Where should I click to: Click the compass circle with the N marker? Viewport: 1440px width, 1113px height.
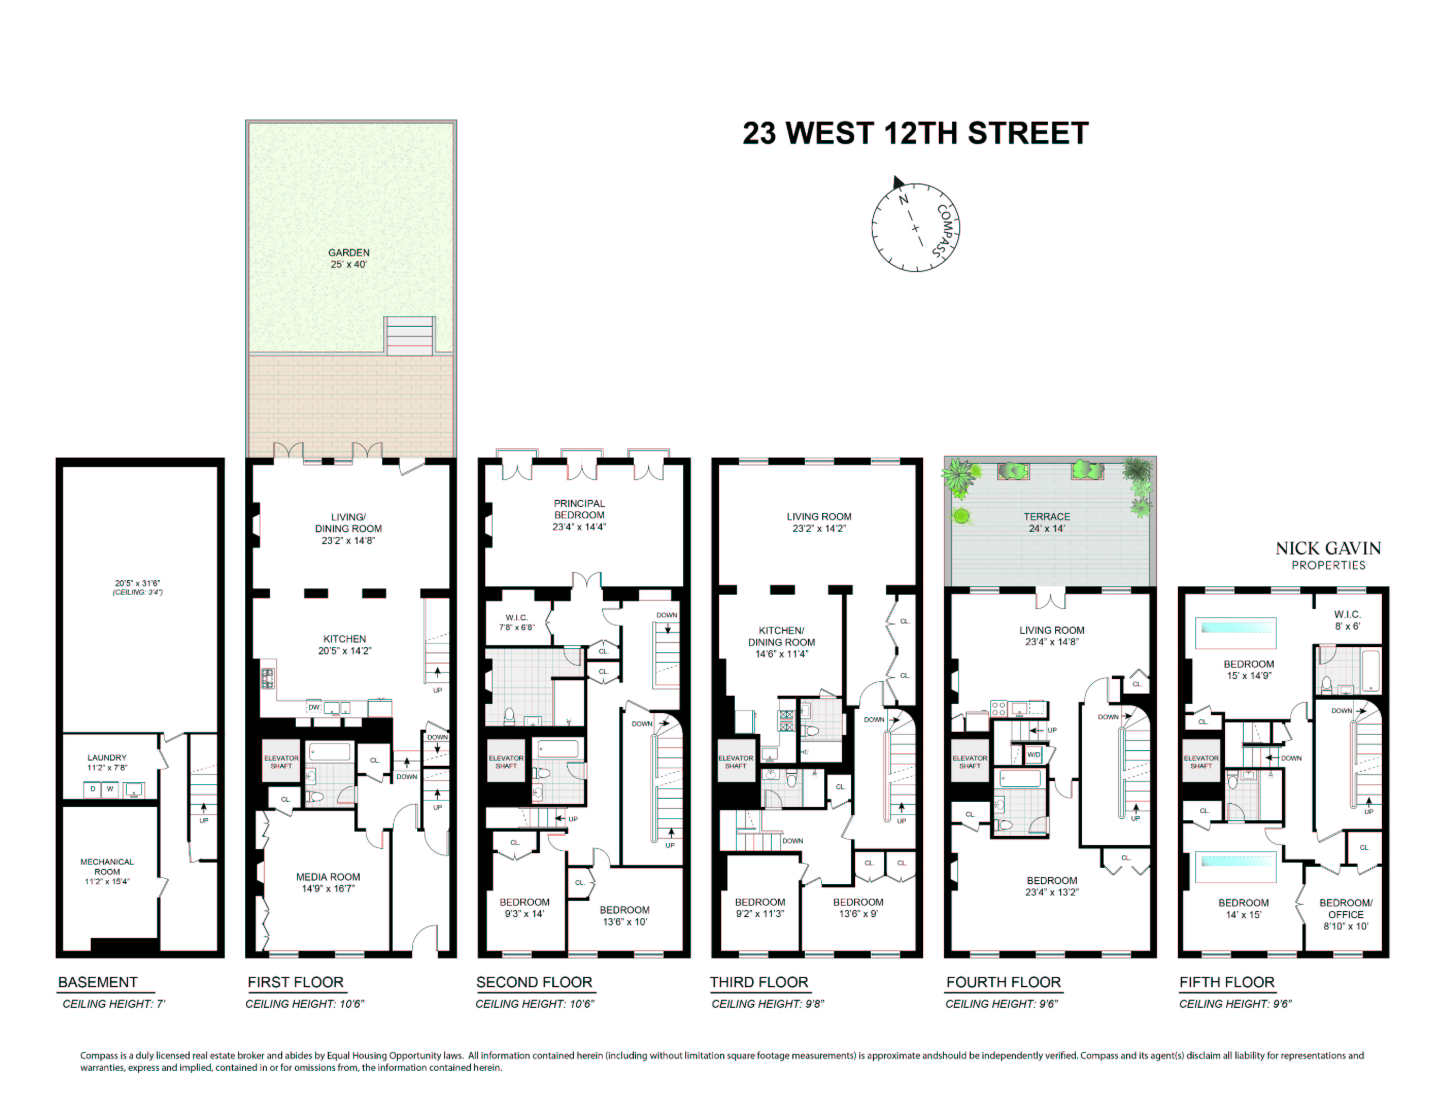pyautogui.click(x=914, y=227)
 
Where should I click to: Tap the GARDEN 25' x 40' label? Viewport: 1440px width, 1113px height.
pyautogui.click(x=349, y=258)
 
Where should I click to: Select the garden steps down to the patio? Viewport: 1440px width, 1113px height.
pyautogui.click(x=410, y=335)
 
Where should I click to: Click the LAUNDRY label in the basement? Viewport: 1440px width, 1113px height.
pyautogui.click(x=107, y=762)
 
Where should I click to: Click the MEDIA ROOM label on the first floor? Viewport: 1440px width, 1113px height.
pyautogui.click(x=328, y=882)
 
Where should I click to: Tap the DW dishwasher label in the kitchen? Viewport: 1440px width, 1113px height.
pyautogui.click(x=314, y=707)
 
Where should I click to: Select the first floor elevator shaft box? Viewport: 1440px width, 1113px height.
pyautogui.click(x=281, y=762)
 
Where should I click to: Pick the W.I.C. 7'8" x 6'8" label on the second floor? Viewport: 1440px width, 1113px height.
pyautogui.click(x=516, y=622)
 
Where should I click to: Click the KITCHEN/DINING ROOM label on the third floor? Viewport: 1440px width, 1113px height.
pyautogui.click(x=782, y=642)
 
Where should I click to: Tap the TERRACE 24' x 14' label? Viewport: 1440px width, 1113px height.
pyautogui.click(x=1046, y=521)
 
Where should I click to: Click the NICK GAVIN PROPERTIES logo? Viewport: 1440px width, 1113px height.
pyautogui.click(x=1328, y=554)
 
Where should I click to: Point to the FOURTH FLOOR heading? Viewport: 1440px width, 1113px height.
pyautogui.click(x=1003, y=982)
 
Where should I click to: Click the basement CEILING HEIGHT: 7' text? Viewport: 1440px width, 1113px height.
pyautogui.click(x=113, y=1004)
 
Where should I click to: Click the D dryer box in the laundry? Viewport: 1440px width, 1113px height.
pyautogui.click(x=92, y=788)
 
